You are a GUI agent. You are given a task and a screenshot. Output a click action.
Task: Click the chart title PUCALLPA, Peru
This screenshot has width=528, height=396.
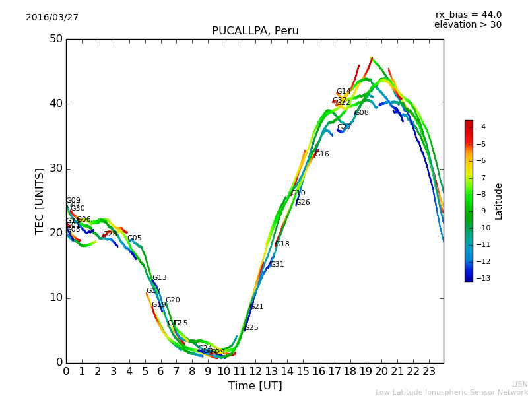[x=255, y=31]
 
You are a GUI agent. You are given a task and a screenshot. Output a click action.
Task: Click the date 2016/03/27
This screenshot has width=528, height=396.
[x=52, y=18]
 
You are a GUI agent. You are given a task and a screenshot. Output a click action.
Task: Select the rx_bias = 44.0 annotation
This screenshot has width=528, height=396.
[x=468, y=15]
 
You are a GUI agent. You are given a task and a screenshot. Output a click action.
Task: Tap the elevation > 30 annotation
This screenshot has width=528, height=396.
[x=467, y=25]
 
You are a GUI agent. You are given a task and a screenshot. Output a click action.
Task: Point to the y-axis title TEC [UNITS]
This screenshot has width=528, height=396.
[x=40, y=201]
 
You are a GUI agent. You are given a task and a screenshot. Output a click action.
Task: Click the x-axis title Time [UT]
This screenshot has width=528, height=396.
[x=255, y=386]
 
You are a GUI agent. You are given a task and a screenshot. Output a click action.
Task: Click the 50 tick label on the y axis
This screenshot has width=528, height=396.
[x=55, y=39]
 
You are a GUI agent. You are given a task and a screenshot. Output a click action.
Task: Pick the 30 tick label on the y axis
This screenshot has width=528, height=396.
[x=55, y=168]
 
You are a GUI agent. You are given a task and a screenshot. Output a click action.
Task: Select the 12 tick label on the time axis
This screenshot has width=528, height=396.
[x=255, y=372]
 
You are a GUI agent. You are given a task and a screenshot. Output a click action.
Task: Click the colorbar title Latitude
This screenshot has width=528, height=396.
[x=499, y=201]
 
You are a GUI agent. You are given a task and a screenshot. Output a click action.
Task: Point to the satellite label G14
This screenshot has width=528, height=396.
[x=343, y=92]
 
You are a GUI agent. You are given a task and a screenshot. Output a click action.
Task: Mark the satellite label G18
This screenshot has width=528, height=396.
[x=282, y=244]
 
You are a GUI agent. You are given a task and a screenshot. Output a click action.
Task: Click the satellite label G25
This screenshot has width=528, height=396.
[x=251, y=328]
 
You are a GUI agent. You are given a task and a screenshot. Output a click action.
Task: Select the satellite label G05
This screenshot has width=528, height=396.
[x=135, y=238]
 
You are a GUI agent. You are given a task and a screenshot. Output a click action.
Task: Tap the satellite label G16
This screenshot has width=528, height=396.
[x=321, y=154]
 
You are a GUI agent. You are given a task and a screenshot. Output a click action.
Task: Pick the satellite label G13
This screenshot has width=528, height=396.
[x=160, y=278]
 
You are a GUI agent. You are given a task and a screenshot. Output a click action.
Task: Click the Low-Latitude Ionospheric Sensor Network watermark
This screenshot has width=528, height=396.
[x=451, y=393]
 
